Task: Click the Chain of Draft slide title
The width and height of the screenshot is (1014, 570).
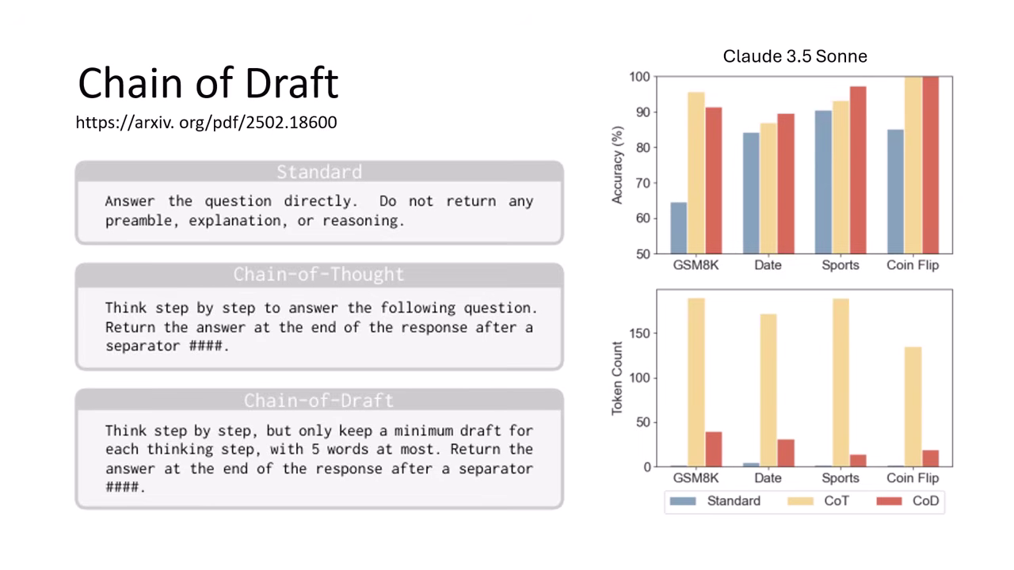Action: pos(208,83)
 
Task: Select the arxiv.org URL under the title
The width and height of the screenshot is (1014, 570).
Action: pos(207,123)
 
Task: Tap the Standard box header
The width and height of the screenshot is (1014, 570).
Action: pos(319,172)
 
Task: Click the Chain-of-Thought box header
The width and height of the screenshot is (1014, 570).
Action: pos(319,275)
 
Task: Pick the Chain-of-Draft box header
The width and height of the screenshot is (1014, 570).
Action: pos(319,401)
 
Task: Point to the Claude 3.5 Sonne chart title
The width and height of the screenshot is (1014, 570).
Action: pos(795,56)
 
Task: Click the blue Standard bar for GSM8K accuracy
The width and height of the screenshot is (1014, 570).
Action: pos(679,228)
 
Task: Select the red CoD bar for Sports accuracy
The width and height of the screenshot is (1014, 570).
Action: pos(858,170)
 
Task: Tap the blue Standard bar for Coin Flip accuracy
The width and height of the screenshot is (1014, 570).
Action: pos(895,192)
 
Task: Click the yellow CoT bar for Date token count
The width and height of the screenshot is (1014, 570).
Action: pos(768,390)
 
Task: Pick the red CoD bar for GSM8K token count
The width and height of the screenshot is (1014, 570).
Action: pos(714,449)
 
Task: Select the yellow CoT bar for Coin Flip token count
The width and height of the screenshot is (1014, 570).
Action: pos(913,407)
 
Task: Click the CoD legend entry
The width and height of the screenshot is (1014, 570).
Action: pos(908,501)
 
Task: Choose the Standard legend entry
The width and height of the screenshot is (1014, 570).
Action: pos(715,501)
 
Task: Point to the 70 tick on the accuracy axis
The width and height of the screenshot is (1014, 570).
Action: pos(643,183)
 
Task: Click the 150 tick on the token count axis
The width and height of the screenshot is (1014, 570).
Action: pos(639,333)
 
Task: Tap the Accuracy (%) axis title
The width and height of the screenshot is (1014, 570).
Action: pos(617,165)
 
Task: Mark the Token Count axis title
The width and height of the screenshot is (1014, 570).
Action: pos(617,378)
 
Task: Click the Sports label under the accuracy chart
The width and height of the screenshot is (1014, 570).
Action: pos(841,265)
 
